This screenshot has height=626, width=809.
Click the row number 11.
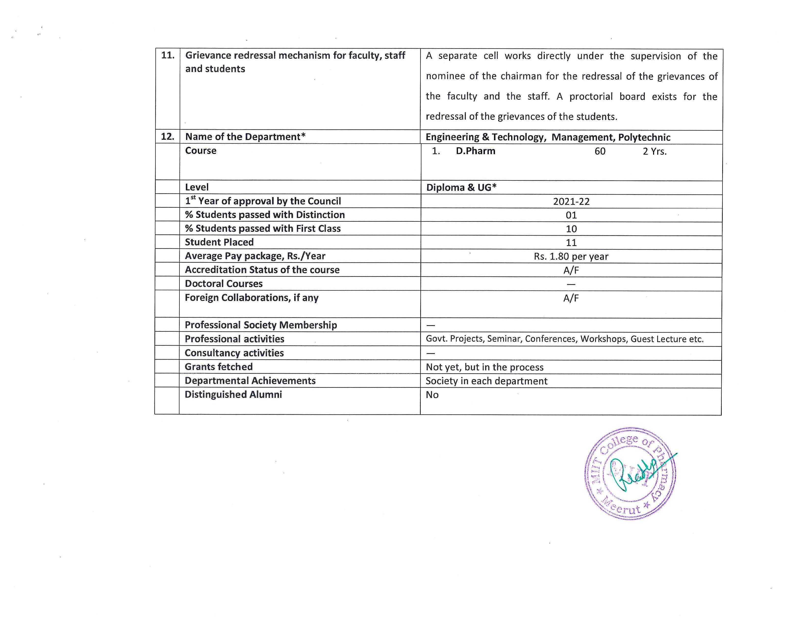point(168,56)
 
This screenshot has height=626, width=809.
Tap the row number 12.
point(168,136)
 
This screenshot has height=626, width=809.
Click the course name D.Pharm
point(476,151)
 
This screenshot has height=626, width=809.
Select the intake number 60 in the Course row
point(600,151)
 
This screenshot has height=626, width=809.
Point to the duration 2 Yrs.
point(655,151)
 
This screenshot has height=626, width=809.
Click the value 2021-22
point(571,201)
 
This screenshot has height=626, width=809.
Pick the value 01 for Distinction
point(571,215)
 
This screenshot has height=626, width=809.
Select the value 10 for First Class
point(571,229)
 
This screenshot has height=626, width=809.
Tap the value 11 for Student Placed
point(571,243)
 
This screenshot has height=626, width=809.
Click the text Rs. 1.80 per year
point(571,256)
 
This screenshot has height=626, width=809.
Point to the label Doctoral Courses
point(224,284)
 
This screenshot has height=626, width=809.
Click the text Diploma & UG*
point(461,187)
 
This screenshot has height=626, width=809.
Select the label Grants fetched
point(218,367)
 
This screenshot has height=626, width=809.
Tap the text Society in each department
point(486,381)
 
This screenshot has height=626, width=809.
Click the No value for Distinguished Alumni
point(432,395)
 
